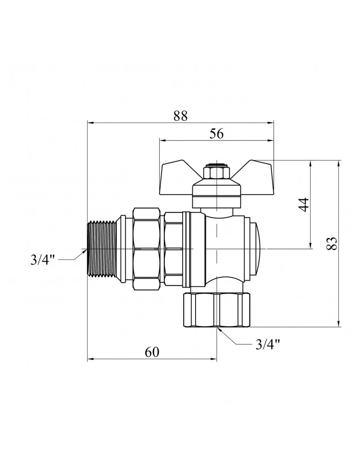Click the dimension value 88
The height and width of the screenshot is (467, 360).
click(180, 116)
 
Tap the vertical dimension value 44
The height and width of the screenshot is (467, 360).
click(304, 205)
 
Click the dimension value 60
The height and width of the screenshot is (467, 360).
click(152, 353)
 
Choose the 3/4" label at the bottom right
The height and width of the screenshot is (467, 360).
click(268, 345)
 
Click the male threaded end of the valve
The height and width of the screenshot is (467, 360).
click(102, 251)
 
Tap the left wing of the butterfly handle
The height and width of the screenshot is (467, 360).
click(180, 174)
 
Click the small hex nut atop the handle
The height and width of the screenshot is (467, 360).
click(216, 173)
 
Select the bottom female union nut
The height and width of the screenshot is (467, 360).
click(217, 310)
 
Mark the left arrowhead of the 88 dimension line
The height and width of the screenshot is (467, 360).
click(91, 123)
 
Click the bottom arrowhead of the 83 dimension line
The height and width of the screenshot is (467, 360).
click(339, 324)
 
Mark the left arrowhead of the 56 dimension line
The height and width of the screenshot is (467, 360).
click(162, 140)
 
